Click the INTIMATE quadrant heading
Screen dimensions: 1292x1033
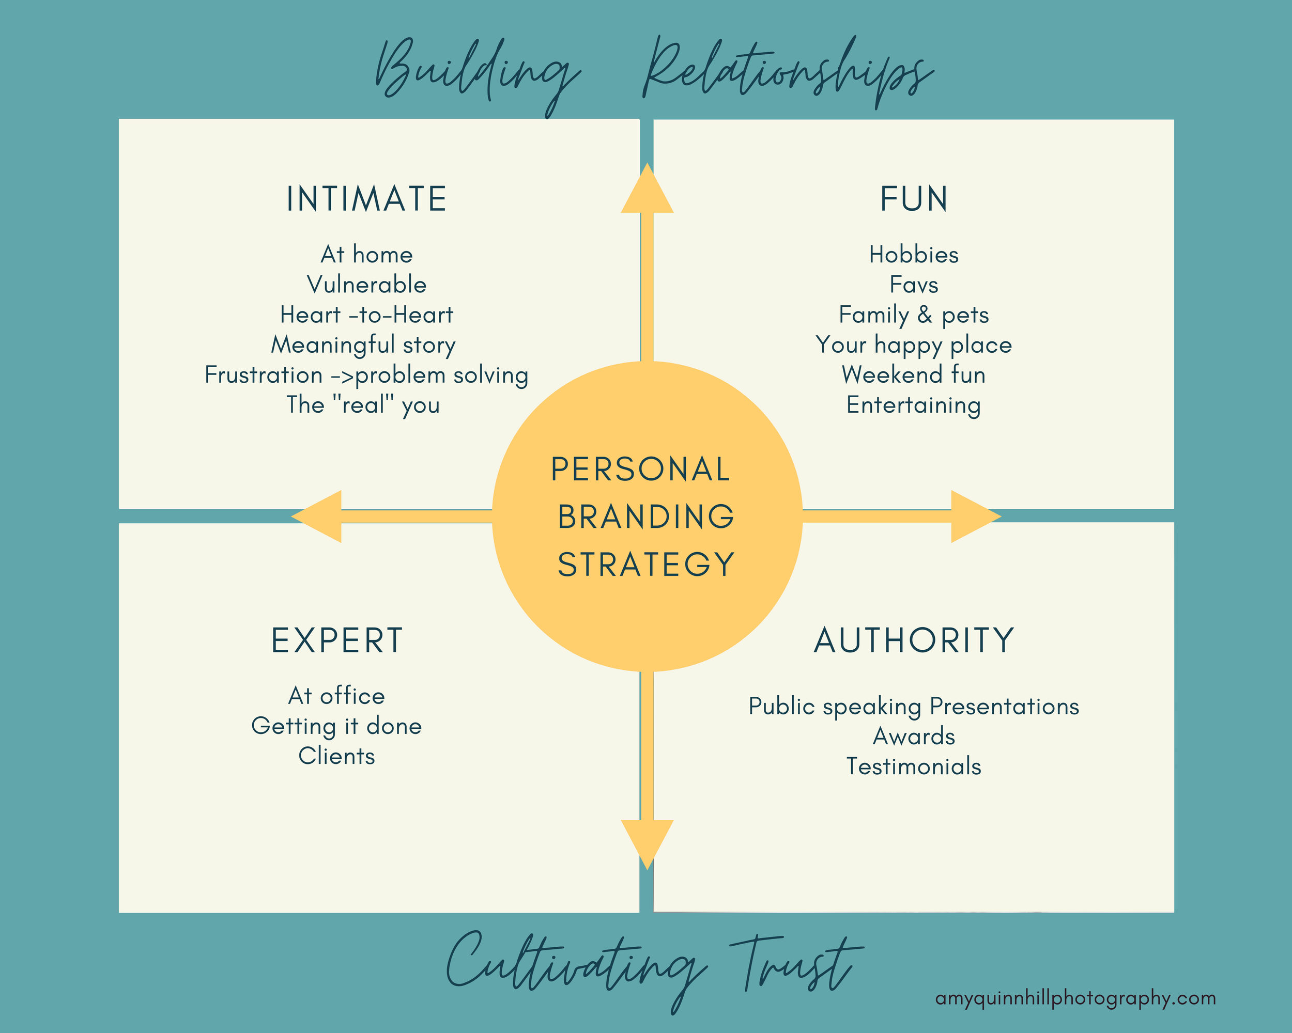(x=366, y=199)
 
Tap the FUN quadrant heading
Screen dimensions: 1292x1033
(x=913, y=199)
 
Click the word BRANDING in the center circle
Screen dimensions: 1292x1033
(x=646, y=516)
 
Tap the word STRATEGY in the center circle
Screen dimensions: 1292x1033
(x=646, y=564)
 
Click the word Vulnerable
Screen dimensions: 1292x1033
(x=366, y=285)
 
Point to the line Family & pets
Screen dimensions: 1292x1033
(x=913, y=315)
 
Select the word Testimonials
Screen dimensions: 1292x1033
(x=913, y=766)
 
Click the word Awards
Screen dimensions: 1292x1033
(x=913, y=736)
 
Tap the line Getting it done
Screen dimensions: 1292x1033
(x=337, y=726)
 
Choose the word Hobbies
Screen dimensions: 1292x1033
(x=913, y=255)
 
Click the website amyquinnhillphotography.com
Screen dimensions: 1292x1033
(x=1075, y=998)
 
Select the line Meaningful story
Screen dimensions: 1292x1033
(x=363, y=345)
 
